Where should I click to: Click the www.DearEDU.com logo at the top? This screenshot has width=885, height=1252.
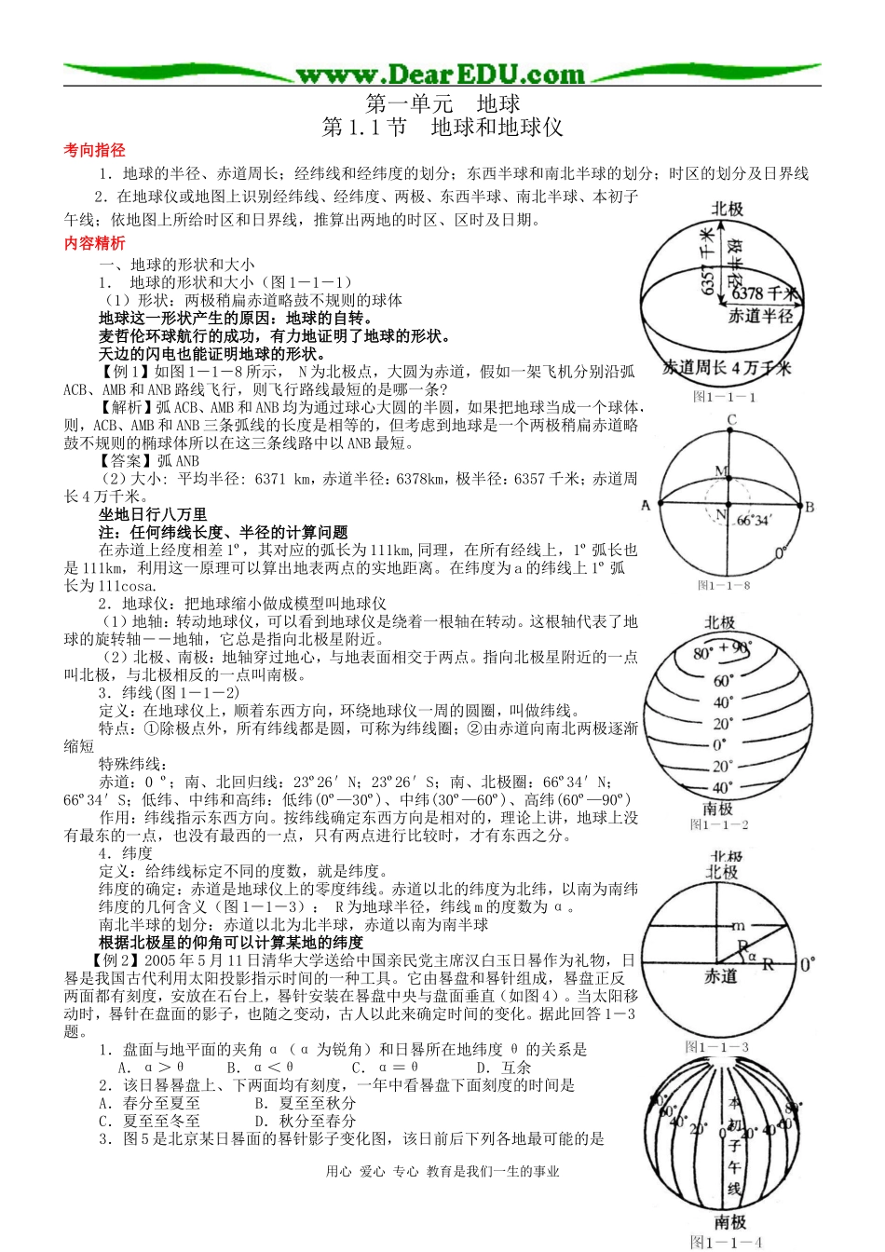pos(441,75)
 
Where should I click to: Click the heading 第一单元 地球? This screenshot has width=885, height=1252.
pos(442,103)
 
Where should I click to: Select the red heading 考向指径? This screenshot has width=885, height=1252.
pos(94,150)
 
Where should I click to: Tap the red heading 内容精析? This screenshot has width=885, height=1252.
pos(94,243)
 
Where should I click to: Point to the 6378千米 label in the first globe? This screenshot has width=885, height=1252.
pos(764,293)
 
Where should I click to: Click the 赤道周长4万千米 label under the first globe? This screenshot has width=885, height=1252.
pos(727,368)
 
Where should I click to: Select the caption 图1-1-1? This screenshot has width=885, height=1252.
pos(724,397)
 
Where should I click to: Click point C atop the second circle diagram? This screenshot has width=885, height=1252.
pos(731,420)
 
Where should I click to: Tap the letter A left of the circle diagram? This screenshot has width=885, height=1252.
pos(646,506)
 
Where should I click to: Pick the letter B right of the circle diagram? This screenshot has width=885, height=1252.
pos(810,507)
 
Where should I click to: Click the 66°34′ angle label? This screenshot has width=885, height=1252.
pos(755,520)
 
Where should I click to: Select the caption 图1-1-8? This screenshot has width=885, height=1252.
pos(724,585)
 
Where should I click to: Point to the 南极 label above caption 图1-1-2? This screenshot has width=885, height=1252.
pos(718,808)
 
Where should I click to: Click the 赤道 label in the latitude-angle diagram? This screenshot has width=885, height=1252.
pos(720,976)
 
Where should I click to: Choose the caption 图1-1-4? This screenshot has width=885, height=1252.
pos(726,1242)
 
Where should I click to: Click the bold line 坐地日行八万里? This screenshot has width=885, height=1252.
pos(153,514)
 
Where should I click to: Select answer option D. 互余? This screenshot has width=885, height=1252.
pos(503,1068)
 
